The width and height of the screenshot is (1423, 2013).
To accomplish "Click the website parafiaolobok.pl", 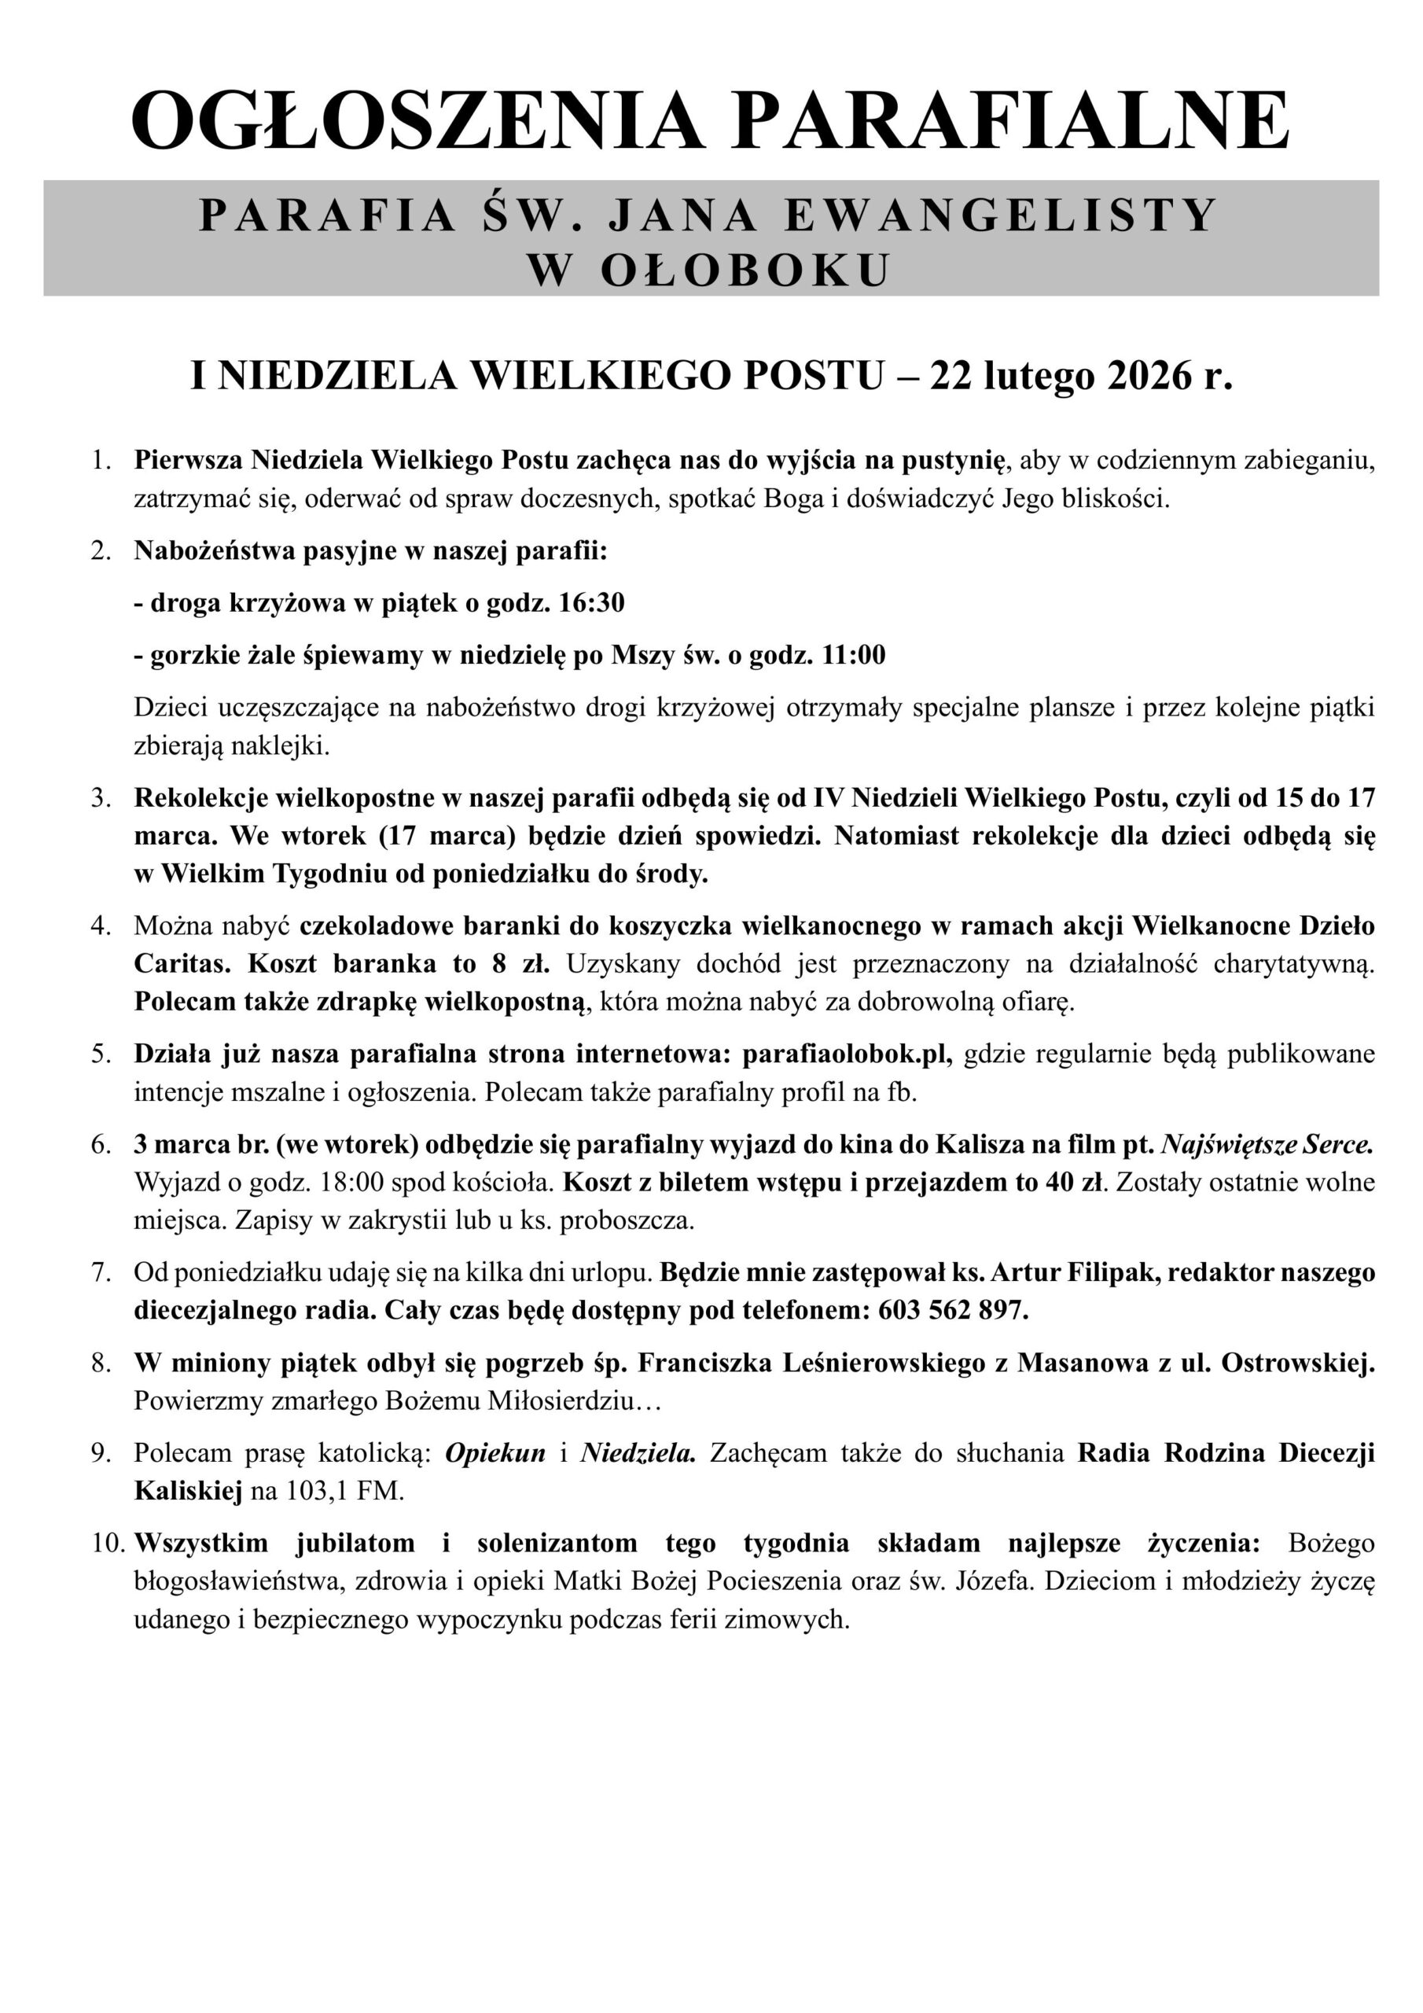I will [847, 1054].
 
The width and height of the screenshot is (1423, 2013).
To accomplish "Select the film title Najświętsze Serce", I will [1266, 1144].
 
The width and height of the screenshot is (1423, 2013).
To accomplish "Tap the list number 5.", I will [101, 1054].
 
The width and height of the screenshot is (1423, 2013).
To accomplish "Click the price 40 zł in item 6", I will [1073, 1183].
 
